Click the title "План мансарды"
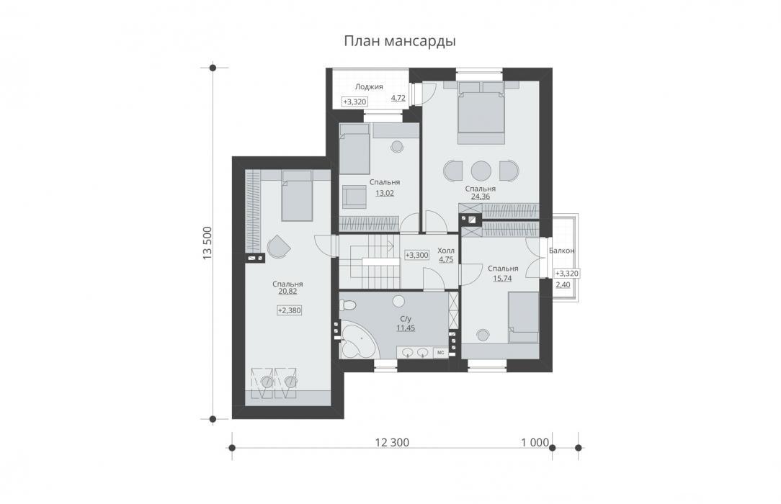[399, 41]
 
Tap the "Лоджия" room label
[369, 86]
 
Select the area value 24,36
[480, 197]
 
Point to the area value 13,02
[385, 193]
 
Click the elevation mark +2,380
[290, 310]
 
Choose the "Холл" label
[446, 251]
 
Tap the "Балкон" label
[561, 251]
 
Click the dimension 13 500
[207, 243]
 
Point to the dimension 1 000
[535, 442]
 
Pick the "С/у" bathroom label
[406, 320]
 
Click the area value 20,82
[287, 292]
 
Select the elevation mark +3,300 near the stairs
[416, 255]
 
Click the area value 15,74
[503, 279]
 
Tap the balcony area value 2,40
[563, 285]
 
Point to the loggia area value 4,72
[398, 98]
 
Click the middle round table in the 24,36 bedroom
[481, 171]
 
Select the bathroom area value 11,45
[406, 328]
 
